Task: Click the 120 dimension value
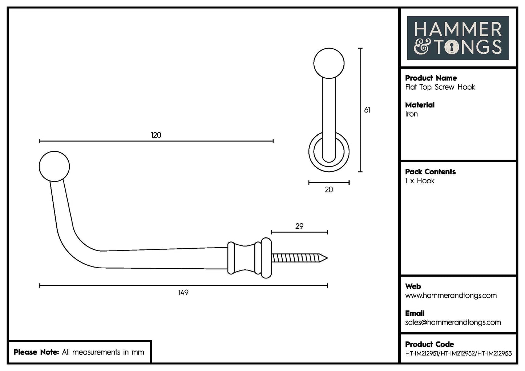coord(156,135)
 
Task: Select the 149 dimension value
coord(183,292)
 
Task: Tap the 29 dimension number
coord(299,226)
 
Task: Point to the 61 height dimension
coord(367,110)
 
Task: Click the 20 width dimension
coord(329,189)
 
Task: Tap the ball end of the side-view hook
coord(54,166)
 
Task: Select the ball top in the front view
coord(329,63)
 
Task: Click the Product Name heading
coord(431,78)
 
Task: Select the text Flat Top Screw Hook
coord(440,87)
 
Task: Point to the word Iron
coord(411,114)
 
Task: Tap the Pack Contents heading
coord(430,172)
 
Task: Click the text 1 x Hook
coord(420,181)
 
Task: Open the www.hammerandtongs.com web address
coord(451,295)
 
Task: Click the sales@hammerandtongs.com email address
coord(453,322)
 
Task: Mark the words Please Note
coord(36,352)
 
